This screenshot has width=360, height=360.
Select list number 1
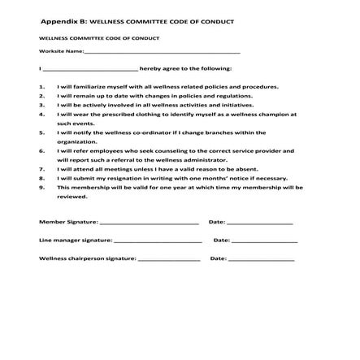41,86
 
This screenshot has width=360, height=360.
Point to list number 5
41,132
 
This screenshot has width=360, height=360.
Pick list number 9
41,187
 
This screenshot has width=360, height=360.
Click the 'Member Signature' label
68,221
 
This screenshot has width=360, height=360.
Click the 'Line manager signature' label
76,240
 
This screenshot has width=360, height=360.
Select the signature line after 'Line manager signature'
158,241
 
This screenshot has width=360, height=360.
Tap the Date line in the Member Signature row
259,222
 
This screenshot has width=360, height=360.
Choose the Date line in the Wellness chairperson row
261,259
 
